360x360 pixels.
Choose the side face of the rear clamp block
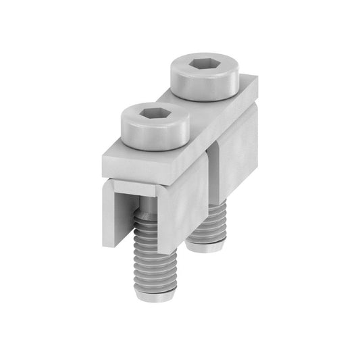pyautogui.click(x=236, y=159)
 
